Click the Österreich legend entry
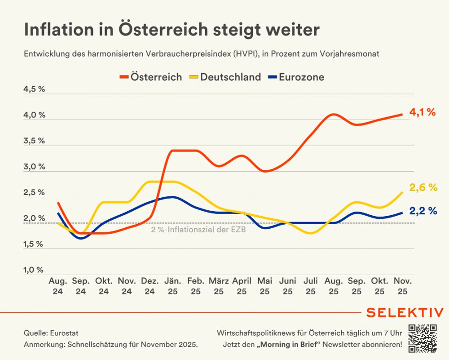[x=150, y=77]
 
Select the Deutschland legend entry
[x=224, y=77]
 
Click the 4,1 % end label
[x=423, y=113]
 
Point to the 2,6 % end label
[x=423, y=188]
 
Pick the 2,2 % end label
[x=423, y=210]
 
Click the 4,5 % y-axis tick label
[x=35, y=89]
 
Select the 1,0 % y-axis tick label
[x=35, y=270]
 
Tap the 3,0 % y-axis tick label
[x=35, y=167]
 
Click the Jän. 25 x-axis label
[x=173, y=286]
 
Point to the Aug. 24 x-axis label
[x=57, y=286]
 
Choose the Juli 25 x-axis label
[x=311, y=286]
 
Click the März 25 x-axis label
[x=219, y=286]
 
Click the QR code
[x=423, y=338]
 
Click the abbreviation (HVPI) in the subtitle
[x=245, y=54]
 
